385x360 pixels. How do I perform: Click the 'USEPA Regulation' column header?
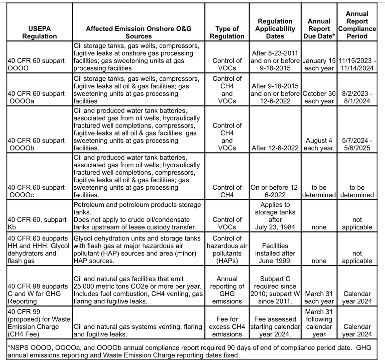coord(39,32)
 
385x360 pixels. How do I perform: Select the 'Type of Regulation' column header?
coord(227,32)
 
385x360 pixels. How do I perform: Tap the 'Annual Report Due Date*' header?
coord(319,29)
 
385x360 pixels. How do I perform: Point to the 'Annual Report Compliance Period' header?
coord(357,25)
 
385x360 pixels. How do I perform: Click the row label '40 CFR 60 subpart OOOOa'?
coord(36,97)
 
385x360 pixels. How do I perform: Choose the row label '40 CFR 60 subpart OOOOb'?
coord(36,144)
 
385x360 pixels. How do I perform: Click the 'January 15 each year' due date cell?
coord(319,65)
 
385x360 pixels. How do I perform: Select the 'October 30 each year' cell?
coord(319,97)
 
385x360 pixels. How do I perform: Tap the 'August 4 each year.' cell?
coord(319,144)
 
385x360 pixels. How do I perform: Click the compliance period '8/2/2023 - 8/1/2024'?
coord(357,97)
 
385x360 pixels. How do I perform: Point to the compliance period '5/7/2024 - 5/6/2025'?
coord(357,144)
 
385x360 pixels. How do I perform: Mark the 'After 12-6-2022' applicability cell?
coord(275,148)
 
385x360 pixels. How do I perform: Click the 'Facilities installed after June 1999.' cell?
coord(275,253)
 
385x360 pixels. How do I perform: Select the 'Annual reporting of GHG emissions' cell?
coord(227,290)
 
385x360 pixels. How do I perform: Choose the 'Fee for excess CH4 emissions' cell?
coord(227,327)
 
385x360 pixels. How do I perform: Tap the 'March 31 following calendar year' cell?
coord(319,323)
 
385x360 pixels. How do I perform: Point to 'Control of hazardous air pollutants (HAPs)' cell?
coord(227,249)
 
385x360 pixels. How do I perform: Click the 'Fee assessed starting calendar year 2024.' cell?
coord(275,327)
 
